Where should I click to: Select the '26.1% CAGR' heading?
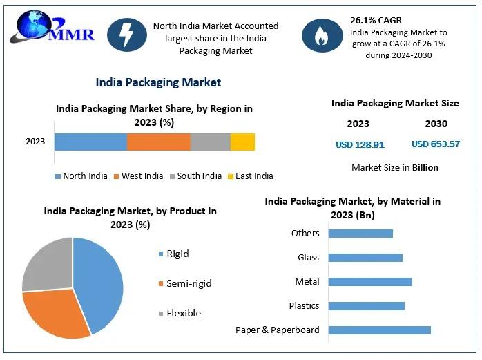(x=376, y=20)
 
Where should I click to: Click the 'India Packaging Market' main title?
(x=158, y=82)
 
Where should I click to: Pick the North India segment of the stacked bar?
(x=90, y=142)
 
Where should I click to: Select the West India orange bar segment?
(x=158, y=142)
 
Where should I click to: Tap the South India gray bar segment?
(x=210, y=142)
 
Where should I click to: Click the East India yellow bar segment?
(x=242, y=142)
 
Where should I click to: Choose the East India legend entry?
(x=250, y=176)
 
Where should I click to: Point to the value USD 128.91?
(x=359, y=145)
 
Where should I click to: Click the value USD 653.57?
(x=435, y=144)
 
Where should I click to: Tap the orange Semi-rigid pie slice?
(x=55, y=314)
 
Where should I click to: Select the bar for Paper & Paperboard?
(x=379, y=330)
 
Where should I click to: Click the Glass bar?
(x=365, y=258)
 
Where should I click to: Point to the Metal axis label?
(x=307, y=282)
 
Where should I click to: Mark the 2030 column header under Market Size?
(x=436, y=124)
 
